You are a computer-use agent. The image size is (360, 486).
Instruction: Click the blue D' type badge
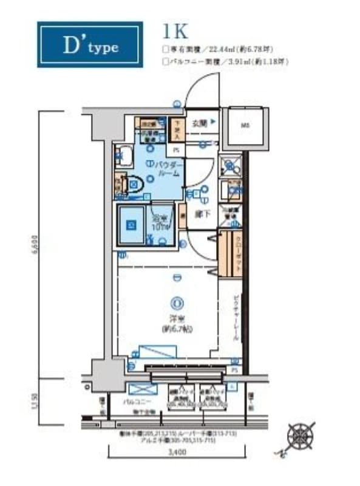point(90,45)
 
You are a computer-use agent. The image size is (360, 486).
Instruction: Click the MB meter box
point(245,126)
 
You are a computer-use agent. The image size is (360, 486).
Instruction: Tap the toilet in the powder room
point(134,182)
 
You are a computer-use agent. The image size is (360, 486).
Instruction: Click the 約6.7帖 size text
point(177,329)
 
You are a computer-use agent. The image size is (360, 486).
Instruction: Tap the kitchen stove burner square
point(231,164)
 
